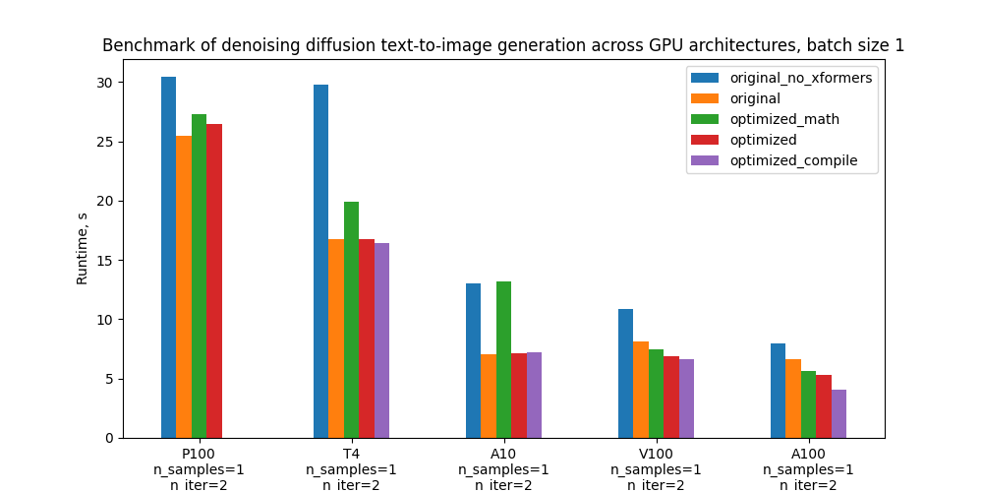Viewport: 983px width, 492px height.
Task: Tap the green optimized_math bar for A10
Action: coord(503,360)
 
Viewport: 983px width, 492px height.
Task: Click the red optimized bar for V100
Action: coord(671,398)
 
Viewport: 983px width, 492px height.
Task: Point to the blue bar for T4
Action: coord(320,262)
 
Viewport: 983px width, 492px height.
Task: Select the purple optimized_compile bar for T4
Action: coord(381,340)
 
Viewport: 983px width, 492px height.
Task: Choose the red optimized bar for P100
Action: coord(214,281)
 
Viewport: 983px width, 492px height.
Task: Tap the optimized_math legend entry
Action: coord(784,119)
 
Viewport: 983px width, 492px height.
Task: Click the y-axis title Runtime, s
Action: coord(83,249)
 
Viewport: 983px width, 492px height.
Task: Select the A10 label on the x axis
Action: coord(503,454)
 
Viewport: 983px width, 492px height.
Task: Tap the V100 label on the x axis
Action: coord(656,454)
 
